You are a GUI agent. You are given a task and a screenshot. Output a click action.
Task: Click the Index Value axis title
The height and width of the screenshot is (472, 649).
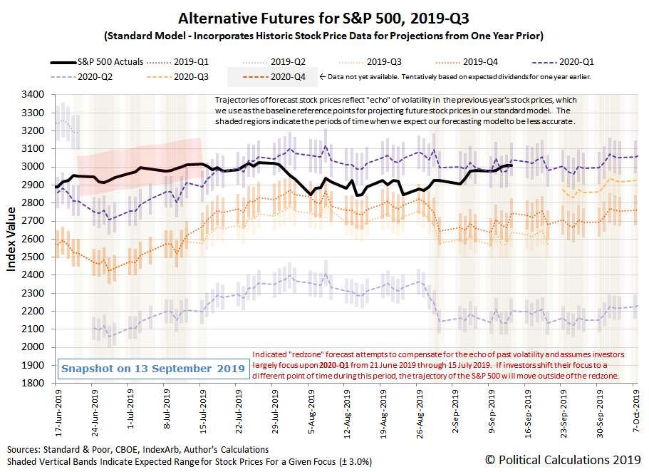12,239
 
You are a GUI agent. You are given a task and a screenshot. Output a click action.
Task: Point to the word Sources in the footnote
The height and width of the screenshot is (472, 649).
26,450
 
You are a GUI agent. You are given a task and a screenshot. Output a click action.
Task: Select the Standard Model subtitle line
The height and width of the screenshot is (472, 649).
324,36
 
